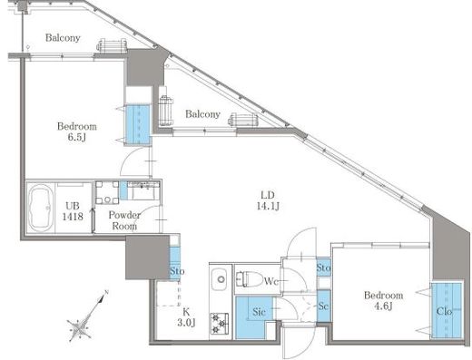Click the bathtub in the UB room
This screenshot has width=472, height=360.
(41, 208)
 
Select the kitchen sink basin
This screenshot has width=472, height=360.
(221, 279)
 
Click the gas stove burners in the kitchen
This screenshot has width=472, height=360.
(220, 324)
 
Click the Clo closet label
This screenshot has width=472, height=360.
(444, 311)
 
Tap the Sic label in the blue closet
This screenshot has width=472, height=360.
(259, 312)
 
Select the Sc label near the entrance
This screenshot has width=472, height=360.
(323, 306)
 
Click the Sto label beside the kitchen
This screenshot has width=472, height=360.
(177, 271)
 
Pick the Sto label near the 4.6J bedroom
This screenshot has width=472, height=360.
(323, 268)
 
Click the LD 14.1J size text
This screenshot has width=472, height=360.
(268, 200)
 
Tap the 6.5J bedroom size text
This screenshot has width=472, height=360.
(77, 138)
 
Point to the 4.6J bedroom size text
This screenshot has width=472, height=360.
(383, 306)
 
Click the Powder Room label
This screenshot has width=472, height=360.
(124, 220)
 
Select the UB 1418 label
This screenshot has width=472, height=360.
(73, 211)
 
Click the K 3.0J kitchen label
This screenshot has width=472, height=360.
(186, 317)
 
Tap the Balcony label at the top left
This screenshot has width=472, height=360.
(63, 38)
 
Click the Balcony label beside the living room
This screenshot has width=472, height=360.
(202, 114)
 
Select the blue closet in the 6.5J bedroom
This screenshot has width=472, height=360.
(138, 125)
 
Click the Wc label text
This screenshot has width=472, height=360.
(270, 281)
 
